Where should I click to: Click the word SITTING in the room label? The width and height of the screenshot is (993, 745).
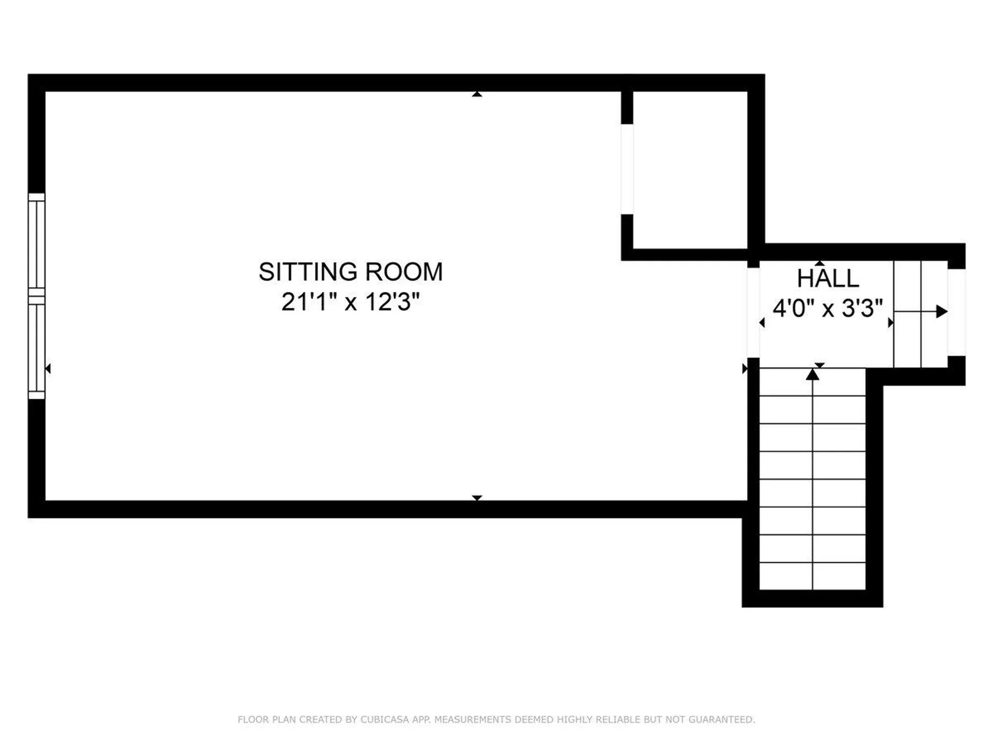308,272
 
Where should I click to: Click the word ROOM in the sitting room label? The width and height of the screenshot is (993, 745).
404,272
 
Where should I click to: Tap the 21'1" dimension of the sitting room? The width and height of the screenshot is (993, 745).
305,302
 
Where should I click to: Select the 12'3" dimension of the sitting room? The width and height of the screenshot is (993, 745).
393,302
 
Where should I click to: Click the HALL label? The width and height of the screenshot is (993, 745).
827,278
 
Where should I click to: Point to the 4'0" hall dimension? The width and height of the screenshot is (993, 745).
794,308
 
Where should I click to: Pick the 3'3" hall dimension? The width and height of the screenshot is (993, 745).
862,308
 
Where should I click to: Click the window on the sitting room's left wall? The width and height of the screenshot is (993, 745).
37,296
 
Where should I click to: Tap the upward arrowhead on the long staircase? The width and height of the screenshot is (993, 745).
813,374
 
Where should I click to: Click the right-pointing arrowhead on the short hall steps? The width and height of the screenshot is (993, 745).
942,311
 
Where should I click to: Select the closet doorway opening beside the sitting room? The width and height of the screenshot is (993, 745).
627,169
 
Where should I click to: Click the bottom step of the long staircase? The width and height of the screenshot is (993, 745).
813,576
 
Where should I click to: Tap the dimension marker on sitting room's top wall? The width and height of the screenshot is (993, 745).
477,94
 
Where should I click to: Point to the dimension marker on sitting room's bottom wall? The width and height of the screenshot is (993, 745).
477,498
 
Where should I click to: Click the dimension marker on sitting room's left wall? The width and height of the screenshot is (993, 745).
48,368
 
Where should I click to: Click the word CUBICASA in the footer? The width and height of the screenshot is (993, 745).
385,720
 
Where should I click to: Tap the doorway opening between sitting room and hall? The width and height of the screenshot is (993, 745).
753,312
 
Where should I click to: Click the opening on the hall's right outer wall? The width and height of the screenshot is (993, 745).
956,312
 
